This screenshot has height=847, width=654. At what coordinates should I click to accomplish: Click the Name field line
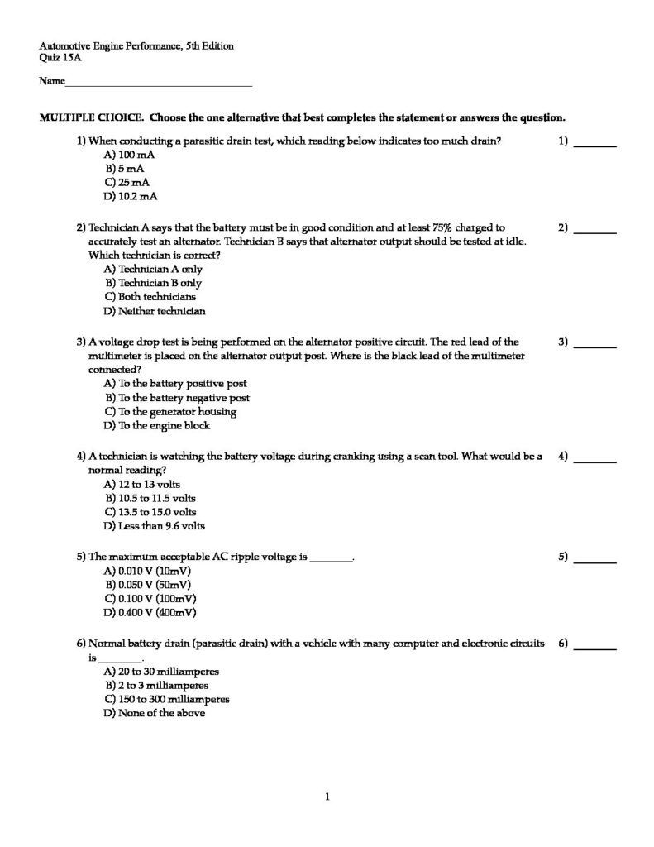click(159, 84)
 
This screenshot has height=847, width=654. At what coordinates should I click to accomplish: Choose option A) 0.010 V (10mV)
click(148, 571)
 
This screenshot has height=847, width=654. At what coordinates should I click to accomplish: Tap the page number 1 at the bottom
click(327, 797)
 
